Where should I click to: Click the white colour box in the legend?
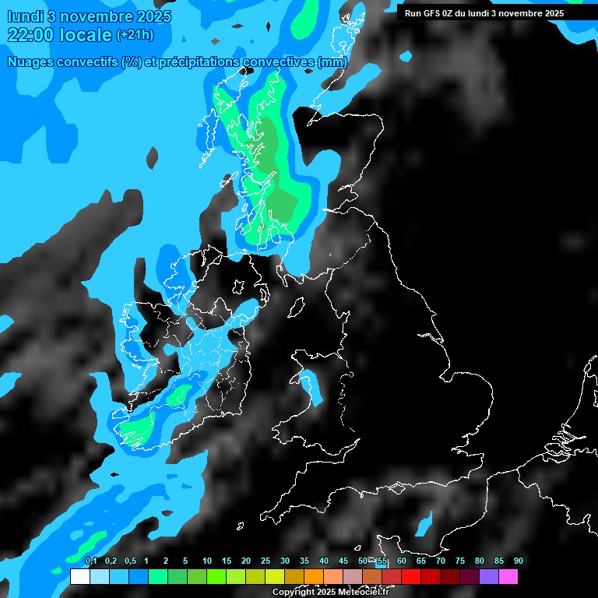[x=79, y=576]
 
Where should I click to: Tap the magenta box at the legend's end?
[x=508, y=576]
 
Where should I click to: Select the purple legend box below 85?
[x=488, y=576]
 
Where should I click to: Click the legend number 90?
[x=518, y=561]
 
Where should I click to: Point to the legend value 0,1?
[x=91, y=561]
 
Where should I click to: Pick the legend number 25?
[x=266, y=561]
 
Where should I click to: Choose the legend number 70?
[x=441, y=561]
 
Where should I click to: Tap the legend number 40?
[x=324, y=561]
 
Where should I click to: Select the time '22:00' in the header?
[x=32, y=34]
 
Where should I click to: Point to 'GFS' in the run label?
[x=431, y=13]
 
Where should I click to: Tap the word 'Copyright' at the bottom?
[x=294, y=593]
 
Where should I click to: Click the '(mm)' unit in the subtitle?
[x=332, y=62]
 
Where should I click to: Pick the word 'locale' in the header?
[x=86, y=34]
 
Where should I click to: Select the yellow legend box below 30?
[x=274, y=576]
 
